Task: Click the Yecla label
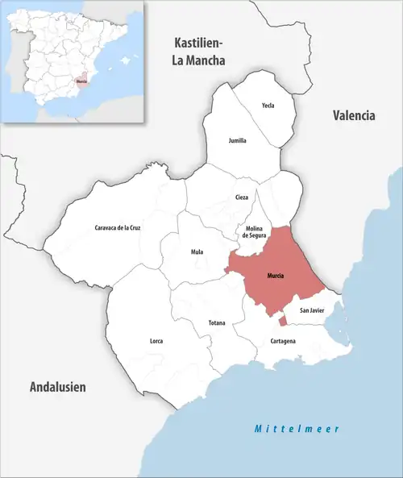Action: click(268, 106)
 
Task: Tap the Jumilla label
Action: click(237, 140)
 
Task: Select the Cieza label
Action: click(242, 197)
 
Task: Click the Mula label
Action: click(197, 251)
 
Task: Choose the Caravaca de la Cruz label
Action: click(118, 228)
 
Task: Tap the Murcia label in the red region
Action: click(275, 276)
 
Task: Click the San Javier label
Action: click(312, 310)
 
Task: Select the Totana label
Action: click(217, 322)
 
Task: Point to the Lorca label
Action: click(156, 341)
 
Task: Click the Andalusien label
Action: click(57, 388)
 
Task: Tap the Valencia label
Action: click(354, 115)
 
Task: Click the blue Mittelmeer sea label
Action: click(296, 429)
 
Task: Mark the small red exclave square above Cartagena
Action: click(282, 322)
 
